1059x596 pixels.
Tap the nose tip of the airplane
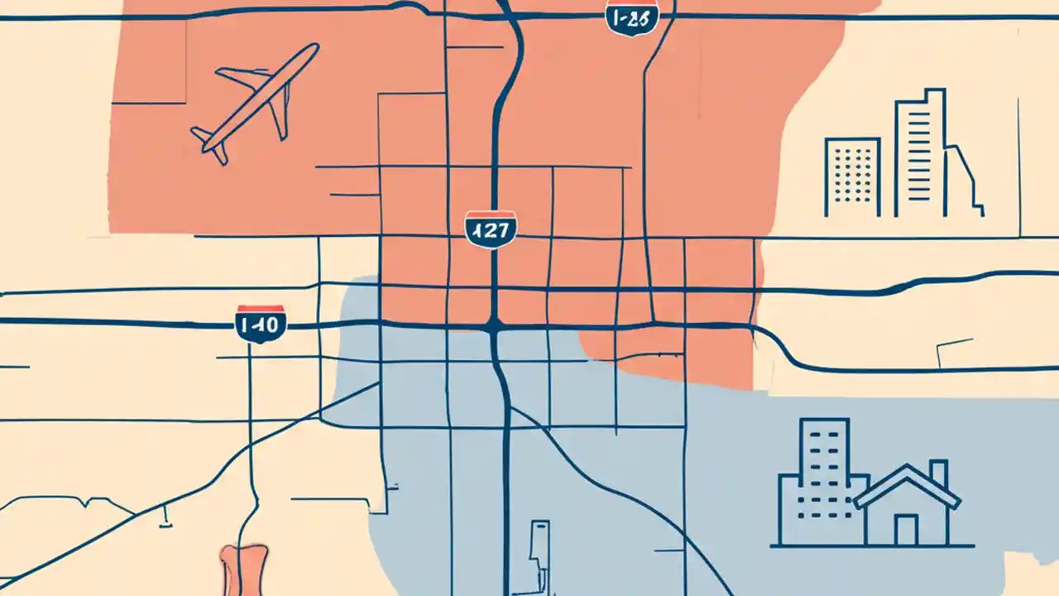(314, 48)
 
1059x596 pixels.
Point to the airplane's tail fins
(209, 145)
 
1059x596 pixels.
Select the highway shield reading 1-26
(631, 17)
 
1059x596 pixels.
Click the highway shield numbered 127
(491, 228)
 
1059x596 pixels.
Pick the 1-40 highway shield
(260, 324)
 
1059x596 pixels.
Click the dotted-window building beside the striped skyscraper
(852, 177)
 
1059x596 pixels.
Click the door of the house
(906, 530)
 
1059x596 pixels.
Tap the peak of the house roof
(905, 468)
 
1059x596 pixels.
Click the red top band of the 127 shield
(491, 216)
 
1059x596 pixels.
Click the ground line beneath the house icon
(872, 546)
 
